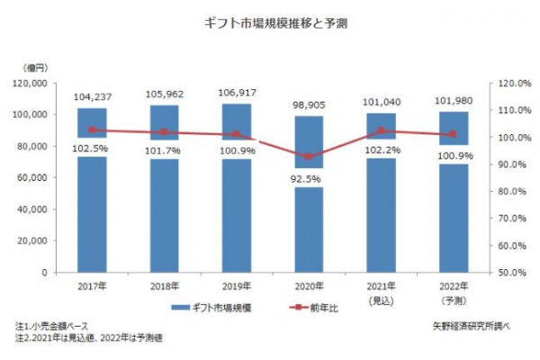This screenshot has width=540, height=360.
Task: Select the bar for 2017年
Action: point(92,207)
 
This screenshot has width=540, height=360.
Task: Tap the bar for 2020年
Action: point(309,225)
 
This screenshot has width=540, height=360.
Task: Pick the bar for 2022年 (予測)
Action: point(454,216)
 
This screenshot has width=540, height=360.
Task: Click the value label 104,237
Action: point(92,97)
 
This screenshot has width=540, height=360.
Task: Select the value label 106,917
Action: point(237,93)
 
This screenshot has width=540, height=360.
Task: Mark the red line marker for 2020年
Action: point(309,157)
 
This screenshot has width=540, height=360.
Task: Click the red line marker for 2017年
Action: point(92,130)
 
